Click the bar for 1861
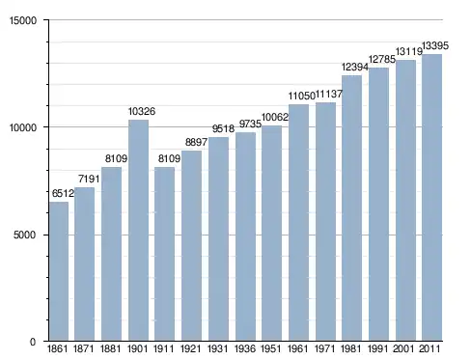pos(59,271)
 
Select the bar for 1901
pos(138,231)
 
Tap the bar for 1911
pos(164,254)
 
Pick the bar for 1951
pos(271,234)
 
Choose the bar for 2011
pos(431,198)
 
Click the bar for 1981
pos(351,208)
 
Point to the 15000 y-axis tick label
pos(23,20)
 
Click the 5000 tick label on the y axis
pos(24,235)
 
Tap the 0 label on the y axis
pos(33,342)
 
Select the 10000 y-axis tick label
pos(23,127)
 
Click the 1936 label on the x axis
pos(245,348)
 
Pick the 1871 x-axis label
pos(84,348)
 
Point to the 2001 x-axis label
pos(405,348)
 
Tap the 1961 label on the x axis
pos(298,348)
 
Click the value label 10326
pos(142,111)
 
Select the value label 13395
pos(435,46)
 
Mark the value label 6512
pos(63,193)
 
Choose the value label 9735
pos(250,124)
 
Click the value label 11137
pos(328,94)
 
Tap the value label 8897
pos(196,142)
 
